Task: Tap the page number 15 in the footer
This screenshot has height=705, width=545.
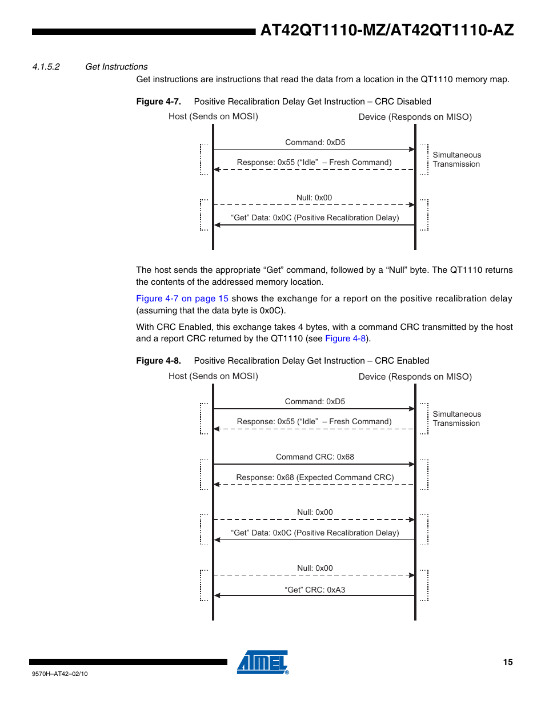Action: point(508,662)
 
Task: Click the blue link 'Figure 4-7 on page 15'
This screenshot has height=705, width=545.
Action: point(182,298)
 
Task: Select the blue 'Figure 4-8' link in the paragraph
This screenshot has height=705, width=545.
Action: point(346,339)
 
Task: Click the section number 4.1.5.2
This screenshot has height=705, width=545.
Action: point(46,67)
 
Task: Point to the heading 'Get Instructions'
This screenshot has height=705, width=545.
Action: point(116,67)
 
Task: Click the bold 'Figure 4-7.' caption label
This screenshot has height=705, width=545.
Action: point(158,102)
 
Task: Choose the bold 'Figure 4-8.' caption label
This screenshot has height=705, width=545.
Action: point(158,361)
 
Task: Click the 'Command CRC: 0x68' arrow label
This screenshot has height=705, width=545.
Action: point(315,457)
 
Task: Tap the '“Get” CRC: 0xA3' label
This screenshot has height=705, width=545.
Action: point(315,590)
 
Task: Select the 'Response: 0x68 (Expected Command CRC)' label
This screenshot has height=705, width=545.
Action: point(315,477)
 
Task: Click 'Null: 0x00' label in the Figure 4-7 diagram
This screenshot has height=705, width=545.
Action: point(314,198)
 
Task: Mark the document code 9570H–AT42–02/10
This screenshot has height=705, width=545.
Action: point(60,674)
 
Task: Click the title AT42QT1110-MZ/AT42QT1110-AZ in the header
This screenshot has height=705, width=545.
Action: point(387,30)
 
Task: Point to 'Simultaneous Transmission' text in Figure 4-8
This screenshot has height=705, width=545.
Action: point(456,418)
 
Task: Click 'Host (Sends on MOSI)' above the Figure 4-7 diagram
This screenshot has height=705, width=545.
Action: point(213,116)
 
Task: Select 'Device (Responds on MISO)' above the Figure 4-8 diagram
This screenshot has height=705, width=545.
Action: point(415,377)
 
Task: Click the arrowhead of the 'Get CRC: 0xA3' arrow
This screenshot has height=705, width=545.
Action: point(217,595)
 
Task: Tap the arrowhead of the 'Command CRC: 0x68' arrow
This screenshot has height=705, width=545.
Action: point(412,464)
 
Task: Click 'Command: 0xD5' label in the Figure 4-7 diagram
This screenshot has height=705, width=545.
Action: point(315,142)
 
